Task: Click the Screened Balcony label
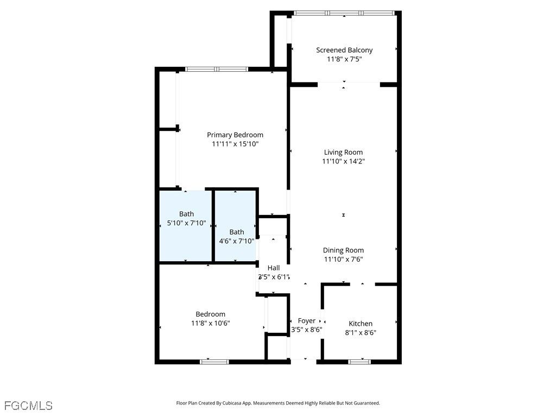tap(344, 50)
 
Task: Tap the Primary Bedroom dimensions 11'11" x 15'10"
tap(235, 144)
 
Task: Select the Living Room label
tap(343, 152)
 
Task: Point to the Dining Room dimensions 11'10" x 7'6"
tap(343, 259)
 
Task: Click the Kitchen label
tap(361, 324)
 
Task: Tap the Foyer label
tap(306, 321)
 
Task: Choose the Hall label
tap(274, 268)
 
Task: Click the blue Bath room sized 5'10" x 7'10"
tap(186, 226)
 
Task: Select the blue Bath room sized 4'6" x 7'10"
tap(236, 226)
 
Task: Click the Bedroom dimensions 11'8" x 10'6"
tap(211, 324)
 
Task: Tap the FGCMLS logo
tap(28, 406)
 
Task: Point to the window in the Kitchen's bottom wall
tap(359, 362)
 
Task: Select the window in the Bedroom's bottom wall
tap(214, 362)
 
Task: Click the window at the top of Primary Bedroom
tap(217, 69)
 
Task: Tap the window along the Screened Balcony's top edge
tap(344, 13)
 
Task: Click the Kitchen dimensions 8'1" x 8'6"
tap(361, 333)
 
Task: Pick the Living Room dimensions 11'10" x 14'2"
tap(343, 161)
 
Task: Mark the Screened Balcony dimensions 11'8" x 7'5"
tap(344, 59)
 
